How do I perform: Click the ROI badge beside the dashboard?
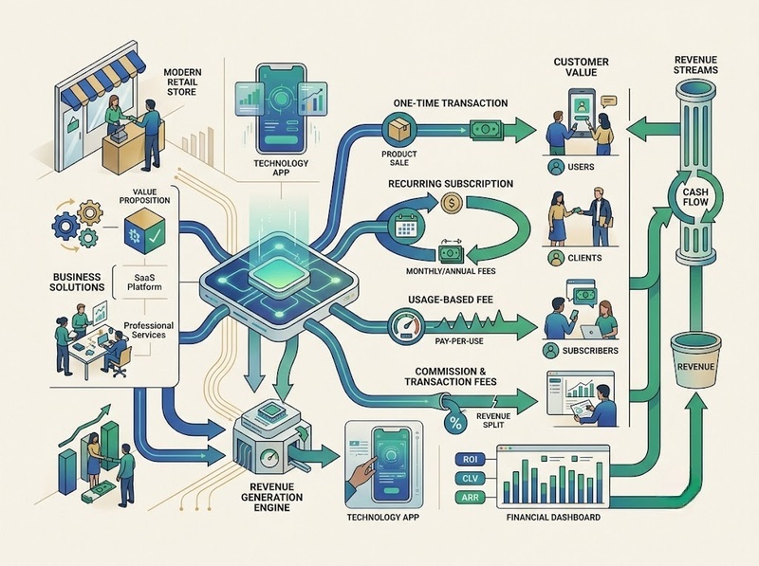[470, 459]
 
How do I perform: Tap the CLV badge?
[470, 479]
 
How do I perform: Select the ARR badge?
[470, 498]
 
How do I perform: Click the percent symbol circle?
[455, 423]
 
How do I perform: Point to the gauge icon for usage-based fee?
[407, 326]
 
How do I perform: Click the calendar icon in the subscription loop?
[406, 226]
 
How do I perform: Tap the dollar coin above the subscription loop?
[452, 202]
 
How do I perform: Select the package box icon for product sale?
[399, 129]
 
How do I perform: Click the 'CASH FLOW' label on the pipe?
[695, 197]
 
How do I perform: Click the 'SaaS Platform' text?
[144, 282]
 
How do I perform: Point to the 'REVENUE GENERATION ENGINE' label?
[271, 497]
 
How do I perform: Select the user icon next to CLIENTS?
[556, 257]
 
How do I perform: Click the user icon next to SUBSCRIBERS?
[551, 350]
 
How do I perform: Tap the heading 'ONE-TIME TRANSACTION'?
[450, 103]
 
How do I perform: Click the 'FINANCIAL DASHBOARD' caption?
[553, 517]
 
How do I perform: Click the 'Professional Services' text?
[149, 330]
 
